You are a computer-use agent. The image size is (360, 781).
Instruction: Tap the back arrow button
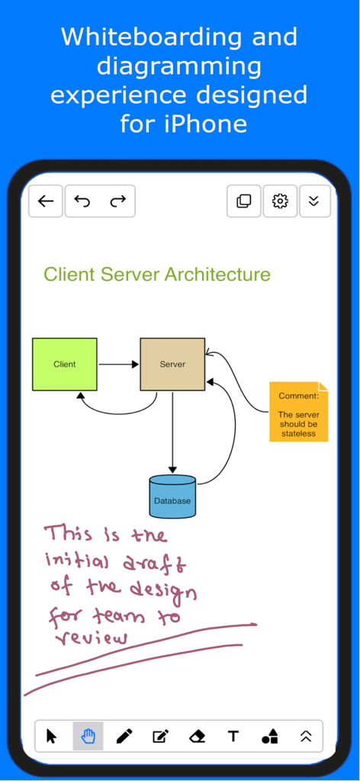[x=46, y=201]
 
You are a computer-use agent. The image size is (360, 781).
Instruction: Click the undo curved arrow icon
[x=82, y=201]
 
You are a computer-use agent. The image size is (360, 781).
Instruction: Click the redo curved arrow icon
[x=117, y=201]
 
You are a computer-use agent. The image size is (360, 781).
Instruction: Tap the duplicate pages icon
[x=244, y=201]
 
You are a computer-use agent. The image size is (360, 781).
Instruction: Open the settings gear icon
[x=280, y=201]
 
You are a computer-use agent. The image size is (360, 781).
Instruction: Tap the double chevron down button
[x=314, y=201]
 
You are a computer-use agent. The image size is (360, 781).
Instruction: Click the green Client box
[x=65, y=365]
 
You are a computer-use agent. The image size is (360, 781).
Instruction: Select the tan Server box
[x=172, y=365]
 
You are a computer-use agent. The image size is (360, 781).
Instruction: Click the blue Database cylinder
[x=172, y=497]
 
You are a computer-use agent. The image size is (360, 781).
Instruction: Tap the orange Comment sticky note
[x=298, y=412]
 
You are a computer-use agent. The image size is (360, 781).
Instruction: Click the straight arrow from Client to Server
[x=118, y=365]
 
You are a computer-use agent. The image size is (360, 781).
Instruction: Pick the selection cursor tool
[x=52, y=736]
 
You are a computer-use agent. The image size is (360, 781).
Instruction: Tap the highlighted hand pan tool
[x=88, y=736]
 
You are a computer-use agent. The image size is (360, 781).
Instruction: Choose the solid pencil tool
[x=124, y=736]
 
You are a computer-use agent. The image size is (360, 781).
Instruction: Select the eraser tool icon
[x=197, y=736]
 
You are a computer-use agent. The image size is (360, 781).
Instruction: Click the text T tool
[x=233, y=736]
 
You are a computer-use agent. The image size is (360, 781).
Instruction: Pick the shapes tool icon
[x=269, y=736]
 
